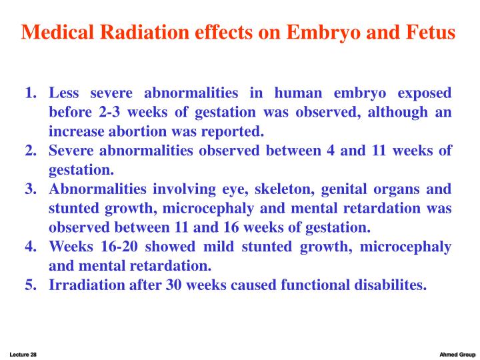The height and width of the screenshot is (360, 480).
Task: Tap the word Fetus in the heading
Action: click(427, 32)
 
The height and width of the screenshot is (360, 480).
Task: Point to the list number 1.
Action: click(30, 93)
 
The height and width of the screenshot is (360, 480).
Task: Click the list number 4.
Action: click(30, 247)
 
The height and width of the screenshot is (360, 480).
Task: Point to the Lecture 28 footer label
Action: click(23, 354)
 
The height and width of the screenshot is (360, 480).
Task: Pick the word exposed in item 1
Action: click(424, 93)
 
